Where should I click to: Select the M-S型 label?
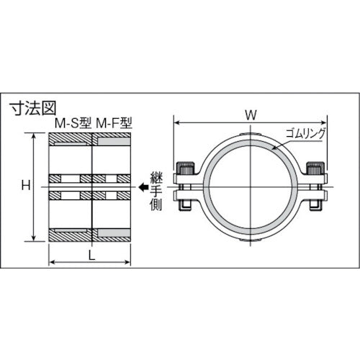coord(71,124)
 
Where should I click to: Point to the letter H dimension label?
coord(24,186)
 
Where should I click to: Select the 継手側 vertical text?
coord(158,188)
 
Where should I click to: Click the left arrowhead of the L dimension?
coord(51,264)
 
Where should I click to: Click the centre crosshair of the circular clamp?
coord(250,189)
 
